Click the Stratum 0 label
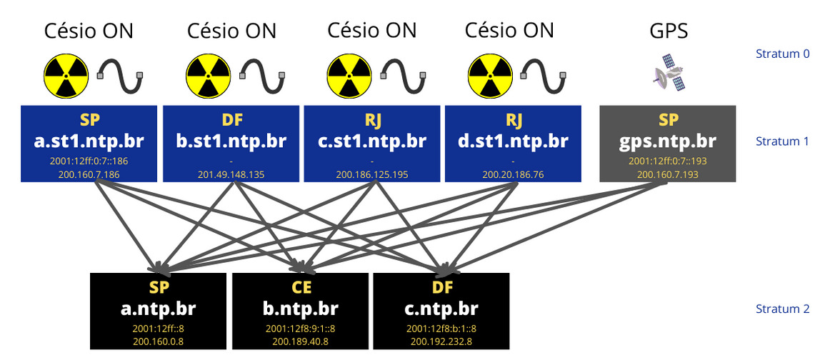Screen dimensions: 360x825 coord(782,54)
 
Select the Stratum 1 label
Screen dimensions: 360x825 coord(782,141)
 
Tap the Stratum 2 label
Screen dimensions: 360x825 coord(782,309)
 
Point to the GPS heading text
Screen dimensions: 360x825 coord(669,31)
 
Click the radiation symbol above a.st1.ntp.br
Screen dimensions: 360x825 coord(66,76)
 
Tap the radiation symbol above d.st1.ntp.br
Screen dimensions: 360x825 coord(489,76)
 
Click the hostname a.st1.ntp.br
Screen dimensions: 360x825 coord(89,141)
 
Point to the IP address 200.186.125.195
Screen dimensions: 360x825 coord(371,173)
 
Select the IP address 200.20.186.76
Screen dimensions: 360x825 coord(512,173)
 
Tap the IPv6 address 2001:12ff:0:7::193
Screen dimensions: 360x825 coord(667,161)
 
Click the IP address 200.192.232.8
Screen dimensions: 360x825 coord(441,341)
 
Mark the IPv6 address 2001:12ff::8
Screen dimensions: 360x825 coord(159,329)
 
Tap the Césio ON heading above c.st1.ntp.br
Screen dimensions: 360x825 coord(371,31)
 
